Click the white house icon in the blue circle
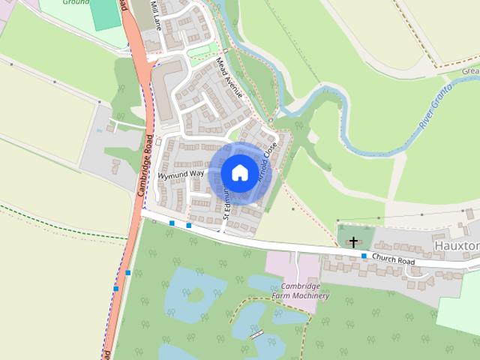(239, 172)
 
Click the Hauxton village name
(456, 245)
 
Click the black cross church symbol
(353, 241)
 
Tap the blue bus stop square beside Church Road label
(364, 256)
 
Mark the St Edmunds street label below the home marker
(225, 202)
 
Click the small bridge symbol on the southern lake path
(256, 333)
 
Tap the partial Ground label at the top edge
(76, 3)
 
